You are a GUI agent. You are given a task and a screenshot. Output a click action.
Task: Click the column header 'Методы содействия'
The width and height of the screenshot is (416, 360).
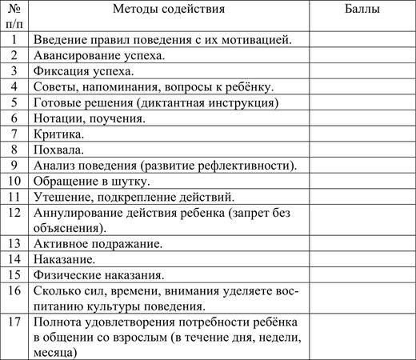pos(169,10)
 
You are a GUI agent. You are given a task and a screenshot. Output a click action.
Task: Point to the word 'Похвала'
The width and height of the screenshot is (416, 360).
pos(58,150)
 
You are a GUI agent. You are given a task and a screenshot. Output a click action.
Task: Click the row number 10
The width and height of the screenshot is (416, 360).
pos(14,181)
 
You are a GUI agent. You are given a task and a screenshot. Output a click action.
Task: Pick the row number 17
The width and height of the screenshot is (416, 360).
pos(14,322)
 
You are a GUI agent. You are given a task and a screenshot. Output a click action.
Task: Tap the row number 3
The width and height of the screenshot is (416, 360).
pos(14,71)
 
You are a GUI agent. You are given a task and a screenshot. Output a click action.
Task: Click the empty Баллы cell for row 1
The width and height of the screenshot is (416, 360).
pos(362,39)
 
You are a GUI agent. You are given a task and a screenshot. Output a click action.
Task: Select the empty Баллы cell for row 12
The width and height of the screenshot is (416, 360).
pos(362,220)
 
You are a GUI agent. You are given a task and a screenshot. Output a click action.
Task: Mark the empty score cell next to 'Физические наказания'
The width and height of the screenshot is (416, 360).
pos(362,274)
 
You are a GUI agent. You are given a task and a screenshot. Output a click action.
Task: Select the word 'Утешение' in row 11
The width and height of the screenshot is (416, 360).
pos(62,197)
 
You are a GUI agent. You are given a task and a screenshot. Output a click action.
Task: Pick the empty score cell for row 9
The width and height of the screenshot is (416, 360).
pos(362,166)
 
